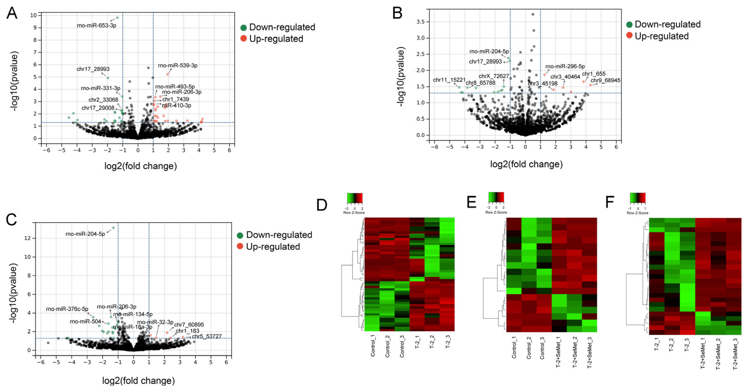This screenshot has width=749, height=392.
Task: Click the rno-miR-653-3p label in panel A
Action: pyautogui.click(x=96, y=25)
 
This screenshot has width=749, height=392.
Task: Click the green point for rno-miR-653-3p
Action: pyautogui.click(x=117, y=18)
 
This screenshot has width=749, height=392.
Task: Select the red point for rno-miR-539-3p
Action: pyautogui.click(x=167, y=74)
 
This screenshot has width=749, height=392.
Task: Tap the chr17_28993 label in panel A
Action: pyautogui.click(x=93, y=69)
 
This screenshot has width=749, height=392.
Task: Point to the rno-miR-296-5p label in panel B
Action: pyautogui.click(x=565, y=66)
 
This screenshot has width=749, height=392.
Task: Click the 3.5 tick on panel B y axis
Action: pyautogui.click(x=420, y=22)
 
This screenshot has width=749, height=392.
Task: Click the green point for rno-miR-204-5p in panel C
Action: pyautogui.click(x=113, y=228)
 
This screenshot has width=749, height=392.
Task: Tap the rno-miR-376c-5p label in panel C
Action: pyautogui.click(x=67, y=309)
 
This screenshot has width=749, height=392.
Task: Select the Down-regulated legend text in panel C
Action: pyautogui.click(x=279, y=235)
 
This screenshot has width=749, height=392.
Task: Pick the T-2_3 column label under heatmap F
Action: pyautogui.click(x=686, y=344)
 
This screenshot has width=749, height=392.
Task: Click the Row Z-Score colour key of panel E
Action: pyautogui.click(x=496, y=197)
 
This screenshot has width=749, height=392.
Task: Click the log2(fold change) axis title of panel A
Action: pyautogui.click(x=140, y=166)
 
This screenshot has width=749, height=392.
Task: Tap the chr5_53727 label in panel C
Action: pyautogui.click(x=206, y=336)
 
